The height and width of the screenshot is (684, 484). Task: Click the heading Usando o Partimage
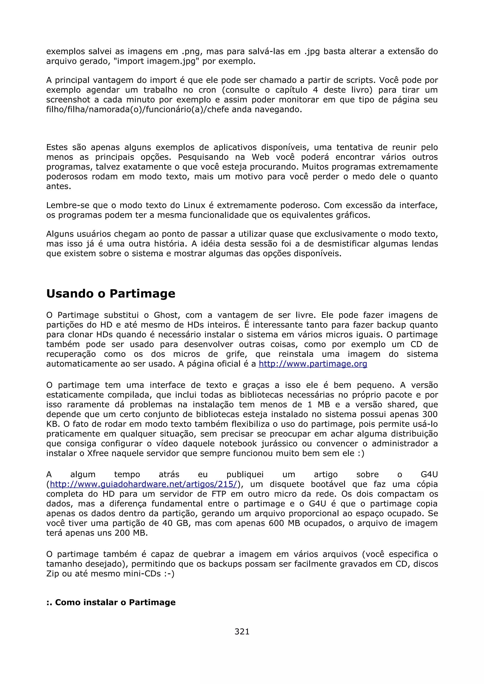click(111, 294)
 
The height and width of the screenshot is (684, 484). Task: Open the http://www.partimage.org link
click(313, 364)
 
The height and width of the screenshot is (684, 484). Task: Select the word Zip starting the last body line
click(53, 574)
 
